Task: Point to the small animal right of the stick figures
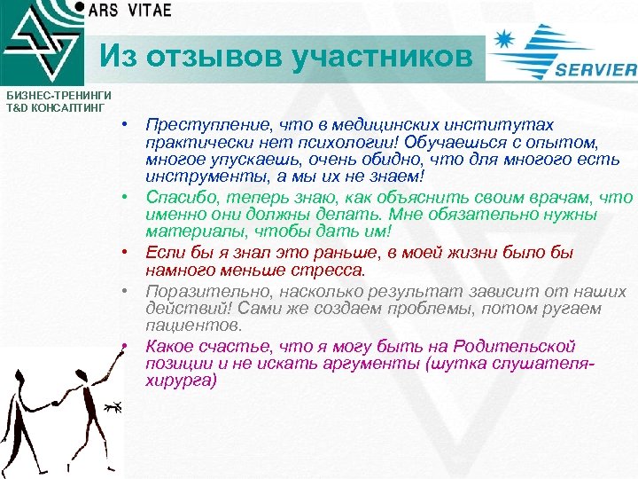(112, 407)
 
